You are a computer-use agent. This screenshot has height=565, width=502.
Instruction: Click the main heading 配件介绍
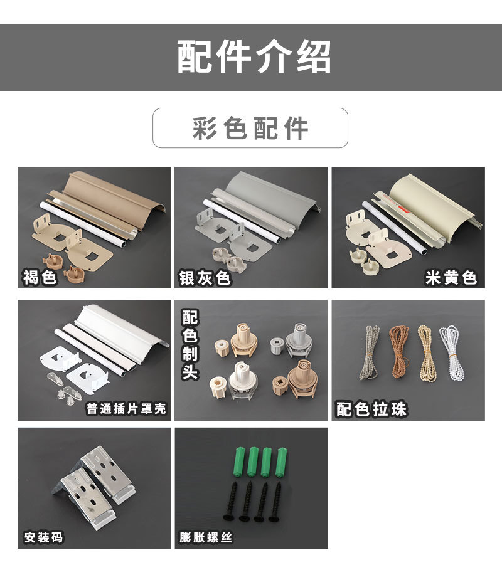point(251,58)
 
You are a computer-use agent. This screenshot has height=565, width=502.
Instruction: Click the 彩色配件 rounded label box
point(250,128)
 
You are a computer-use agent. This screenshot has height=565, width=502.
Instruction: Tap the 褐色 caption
point(40,277)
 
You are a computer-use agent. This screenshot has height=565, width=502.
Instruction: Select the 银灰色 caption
point(205,277)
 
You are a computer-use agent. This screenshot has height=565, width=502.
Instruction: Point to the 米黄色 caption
point(451,277)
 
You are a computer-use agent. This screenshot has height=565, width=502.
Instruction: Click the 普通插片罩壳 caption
point(126,409)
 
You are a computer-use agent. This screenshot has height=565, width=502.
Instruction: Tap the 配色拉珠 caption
point(371,409)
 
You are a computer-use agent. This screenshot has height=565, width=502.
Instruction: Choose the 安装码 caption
point(43,537)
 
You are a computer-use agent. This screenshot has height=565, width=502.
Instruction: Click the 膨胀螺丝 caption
point(205,537)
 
